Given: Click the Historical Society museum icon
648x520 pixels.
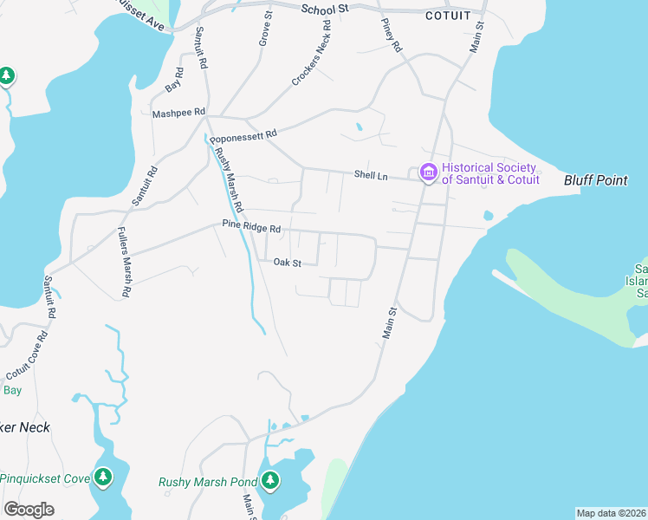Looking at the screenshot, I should point(427,173).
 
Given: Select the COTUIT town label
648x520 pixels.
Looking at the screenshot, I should point(448,16).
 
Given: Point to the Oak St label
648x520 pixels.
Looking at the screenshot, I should point(287,263).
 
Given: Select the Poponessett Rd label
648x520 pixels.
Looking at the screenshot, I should point(243,135).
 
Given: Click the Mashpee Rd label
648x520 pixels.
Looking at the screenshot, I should point(178,113).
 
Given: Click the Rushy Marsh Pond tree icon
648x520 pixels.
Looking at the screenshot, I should point(270,479).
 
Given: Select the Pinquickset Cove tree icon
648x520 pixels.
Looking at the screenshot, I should point(104,478).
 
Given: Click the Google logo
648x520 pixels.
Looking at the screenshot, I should point(29,510).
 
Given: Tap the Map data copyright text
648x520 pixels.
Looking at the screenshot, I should point(611,513).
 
